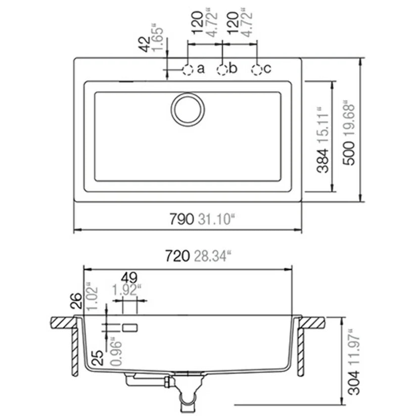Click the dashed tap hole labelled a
[188, 69]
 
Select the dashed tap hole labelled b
[223, 69]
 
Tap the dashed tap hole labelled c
[257, 69]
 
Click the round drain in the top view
[188, 109]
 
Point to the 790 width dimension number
[181, 219]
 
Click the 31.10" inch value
[217, 219]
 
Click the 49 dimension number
[129, 278]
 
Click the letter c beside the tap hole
[268, 68]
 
